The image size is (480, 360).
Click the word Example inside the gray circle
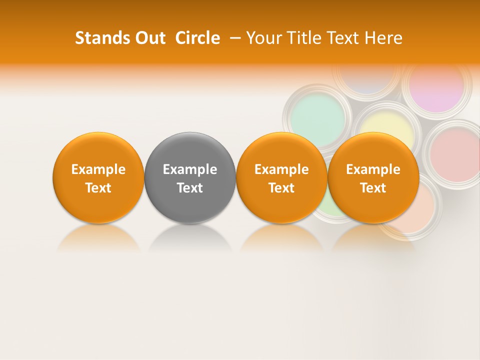190,169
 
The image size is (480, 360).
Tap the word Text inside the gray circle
190,188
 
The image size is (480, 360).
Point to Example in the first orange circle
98,169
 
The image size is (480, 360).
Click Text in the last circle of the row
373,188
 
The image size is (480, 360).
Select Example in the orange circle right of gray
281,169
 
